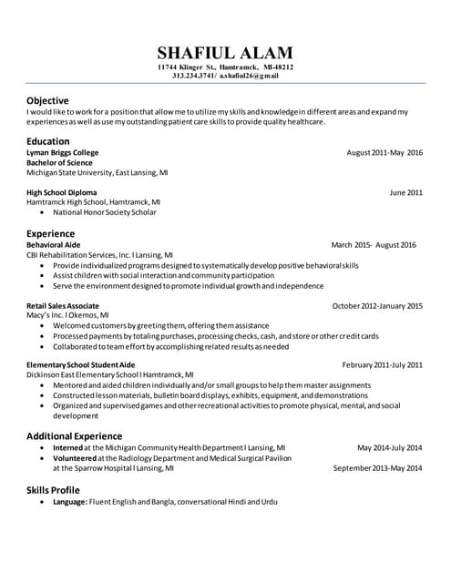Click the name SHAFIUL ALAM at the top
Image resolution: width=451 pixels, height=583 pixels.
[x=225, y=52]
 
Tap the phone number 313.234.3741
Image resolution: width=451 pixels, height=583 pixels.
[x=193, y=76]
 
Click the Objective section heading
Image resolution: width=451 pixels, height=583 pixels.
[x=47, y=99]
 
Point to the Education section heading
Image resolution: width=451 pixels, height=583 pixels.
[x=48, y=141]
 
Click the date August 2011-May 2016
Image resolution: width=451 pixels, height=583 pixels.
[x=384, y=152]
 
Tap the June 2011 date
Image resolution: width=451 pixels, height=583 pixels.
[x=405, y=192]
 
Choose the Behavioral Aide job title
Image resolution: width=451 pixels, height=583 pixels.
[x=54, y=245]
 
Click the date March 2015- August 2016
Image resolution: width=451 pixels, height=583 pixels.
[x=374, y=245]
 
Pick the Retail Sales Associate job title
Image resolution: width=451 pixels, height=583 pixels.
[x=63, y=305]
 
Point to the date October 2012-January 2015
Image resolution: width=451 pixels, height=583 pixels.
[x=377, y=305]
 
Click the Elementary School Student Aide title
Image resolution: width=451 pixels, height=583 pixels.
[x=81, y=364]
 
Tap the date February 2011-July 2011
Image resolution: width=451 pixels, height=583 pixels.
[x=382, y=364]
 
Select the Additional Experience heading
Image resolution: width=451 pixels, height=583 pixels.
[x=74, y=435]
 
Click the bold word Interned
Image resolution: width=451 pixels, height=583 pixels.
[x=68, y=448]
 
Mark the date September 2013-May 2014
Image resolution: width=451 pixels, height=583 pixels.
[x=377, y=468]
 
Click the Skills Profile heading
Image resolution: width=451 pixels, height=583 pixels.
[x=59, y=490]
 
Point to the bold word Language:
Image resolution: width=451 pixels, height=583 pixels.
[x=70, y=502]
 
